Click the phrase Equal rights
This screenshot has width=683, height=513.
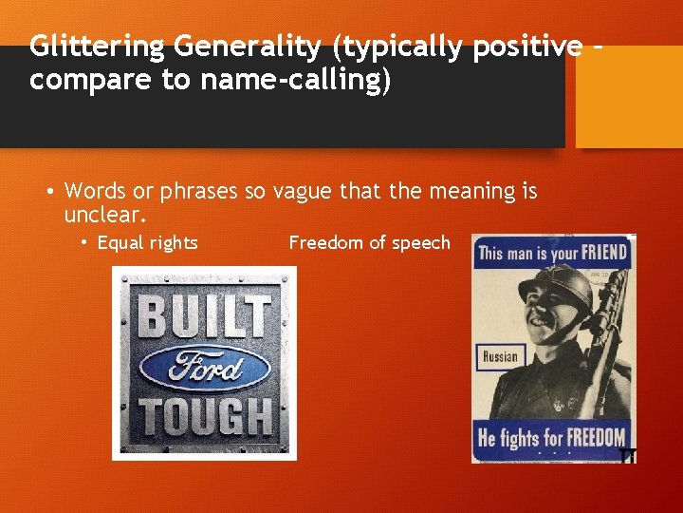pos(147,243)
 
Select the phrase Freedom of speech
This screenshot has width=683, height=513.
pos(369,243)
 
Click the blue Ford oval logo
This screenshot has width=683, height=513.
pos(204,366)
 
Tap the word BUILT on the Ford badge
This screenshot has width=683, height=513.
pos(204,315)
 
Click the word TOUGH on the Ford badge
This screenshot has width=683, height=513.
pos(204,417)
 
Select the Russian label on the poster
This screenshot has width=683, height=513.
pos(500,357)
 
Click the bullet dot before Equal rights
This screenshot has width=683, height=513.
pos(84,243)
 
